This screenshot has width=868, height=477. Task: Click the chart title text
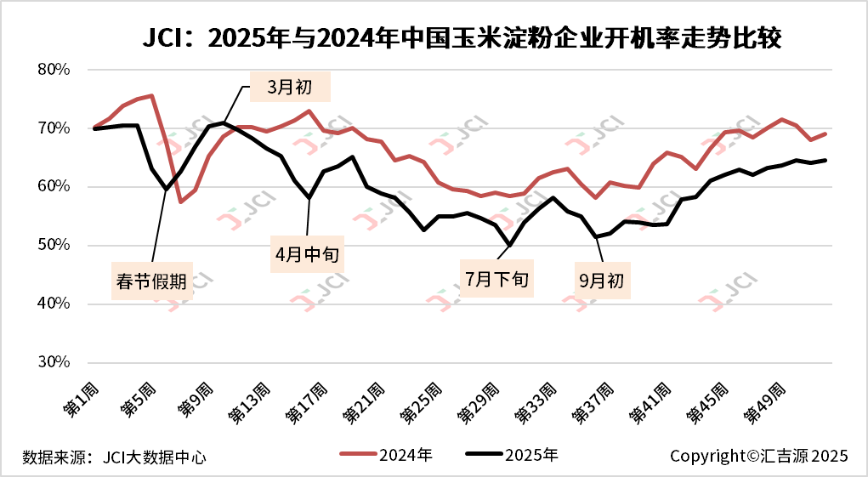(461, 39)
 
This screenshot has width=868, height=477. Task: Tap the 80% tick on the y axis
(54, 70)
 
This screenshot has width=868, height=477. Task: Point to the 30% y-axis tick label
(54, 362)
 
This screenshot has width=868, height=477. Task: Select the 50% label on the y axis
(54, 246)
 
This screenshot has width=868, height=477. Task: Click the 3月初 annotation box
(290, 87)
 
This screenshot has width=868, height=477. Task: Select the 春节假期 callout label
(153, 281)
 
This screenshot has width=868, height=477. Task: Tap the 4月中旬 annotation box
(308, 253)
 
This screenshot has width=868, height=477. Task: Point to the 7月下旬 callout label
(497, 279)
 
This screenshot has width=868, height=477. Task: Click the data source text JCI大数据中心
(114, 457)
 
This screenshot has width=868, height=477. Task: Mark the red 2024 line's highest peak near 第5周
(151, 95)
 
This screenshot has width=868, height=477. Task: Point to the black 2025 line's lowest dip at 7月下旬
(509, 245)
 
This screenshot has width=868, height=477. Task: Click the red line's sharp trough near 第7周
(180, 202)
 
